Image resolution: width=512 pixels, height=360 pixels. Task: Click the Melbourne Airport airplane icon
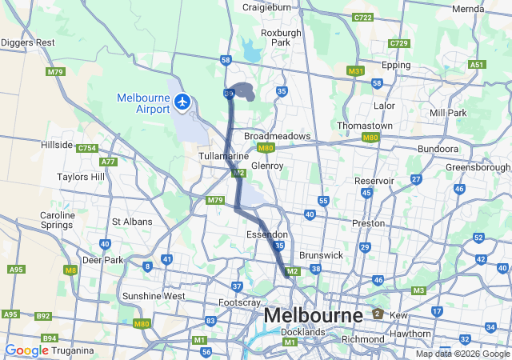[x=182, y=103]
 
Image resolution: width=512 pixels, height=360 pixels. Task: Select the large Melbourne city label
[x=313, y=315]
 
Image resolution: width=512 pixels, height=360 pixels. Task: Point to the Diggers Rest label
[x=28, y=42]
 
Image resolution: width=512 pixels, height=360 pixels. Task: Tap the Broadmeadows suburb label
[x=277, y=136]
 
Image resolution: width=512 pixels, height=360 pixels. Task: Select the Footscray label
[x=240, y=303]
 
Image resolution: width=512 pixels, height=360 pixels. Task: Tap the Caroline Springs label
[x=58, y=222]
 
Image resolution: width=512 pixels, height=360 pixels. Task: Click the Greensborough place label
[x=478, y=167]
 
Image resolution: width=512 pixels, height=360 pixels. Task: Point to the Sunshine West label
[x=154, y=296]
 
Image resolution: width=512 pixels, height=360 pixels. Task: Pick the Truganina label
[x=71, y=350]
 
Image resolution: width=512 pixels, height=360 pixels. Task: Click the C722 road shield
[x=363, y=17]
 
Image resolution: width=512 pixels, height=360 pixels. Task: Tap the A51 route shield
[x=478, y=65]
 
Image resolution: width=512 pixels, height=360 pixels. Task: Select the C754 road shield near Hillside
[x=86, y=148]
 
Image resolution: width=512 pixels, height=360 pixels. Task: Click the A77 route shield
[x=108, y=162]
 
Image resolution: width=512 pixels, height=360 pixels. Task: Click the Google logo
[x=26, y=350]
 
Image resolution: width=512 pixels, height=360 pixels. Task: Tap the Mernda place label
[x=468, y=9]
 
